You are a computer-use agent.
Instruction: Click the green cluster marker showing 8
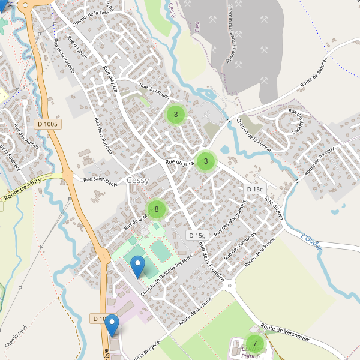click(x=156, y=209)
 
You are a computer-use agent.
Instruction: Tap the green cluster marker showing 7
click(x=255, y=344)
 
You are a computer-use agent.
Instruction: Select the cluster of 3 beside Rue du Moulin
click(x=176, y=114)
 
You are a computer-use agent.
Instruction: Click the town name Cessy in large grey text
click(x=138, y=180)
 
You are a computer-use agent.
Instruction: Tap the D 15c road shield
click(x=254, y=189)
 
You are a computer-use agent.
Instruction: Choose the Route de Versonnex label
click(x=285, y=334)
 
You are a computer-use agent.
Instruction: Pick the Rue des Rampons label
click(x=240, y=245)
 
